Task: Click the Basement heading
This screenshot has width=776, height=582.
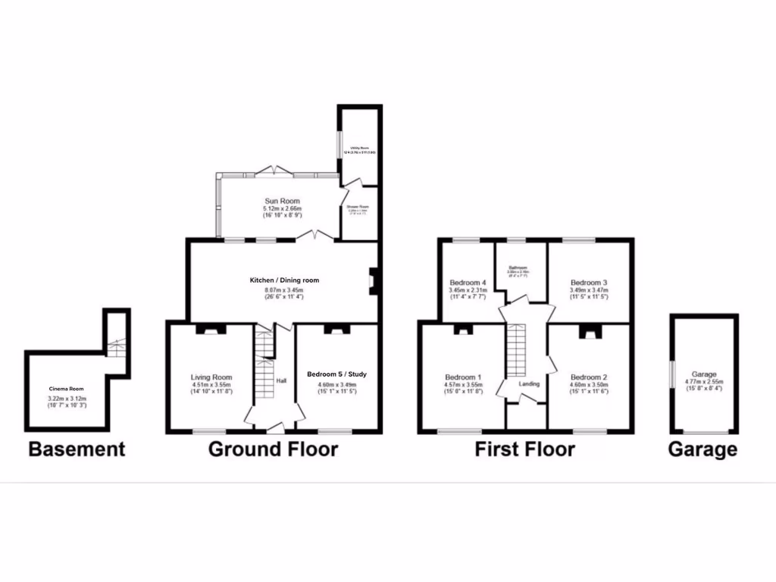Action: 77,449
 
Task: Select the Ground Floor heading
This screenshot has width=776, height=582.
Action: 273,449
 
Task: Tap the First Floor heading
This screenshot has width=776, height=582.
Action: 524,449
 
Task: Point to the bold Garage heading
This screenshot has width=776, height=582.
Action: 702,449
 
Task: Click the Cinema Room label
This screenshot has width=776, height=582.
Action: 67,389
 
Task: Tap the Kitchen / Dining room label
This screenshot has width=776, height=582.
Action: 284,280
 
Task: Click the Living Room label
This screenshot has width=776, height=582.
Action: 211,377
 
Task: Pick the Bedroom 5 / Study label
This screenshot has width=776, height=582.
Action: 336,374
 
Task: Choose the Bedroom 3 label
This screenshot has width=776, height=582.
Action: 589,282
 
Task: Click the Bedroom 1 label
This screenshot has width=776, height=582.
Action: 462,377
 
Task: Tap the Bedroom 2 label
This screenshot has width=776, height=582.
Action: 589,377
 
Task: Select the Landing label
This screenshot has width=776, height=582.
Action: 529,384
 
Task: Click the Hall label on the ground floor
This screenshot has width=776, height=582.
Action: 281,380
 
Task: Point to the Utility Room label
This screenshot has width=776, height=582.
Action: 358,149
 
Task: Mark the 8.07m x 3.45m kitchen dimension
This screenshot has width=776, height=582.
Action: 284,289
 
